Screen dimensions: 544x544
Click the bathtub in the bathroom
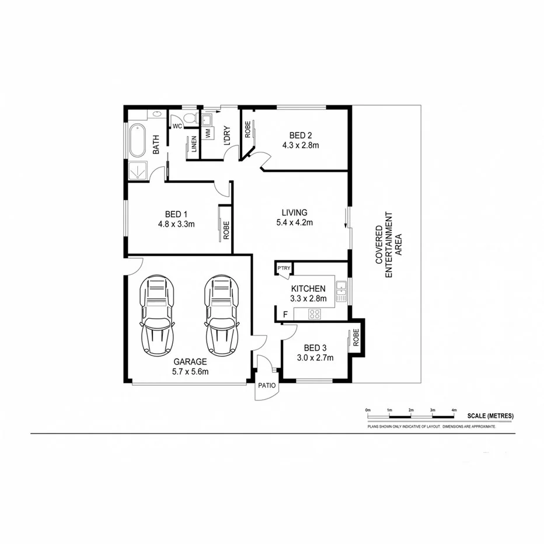point(137,140)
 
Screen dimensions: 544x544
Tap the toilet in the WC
point(189,119)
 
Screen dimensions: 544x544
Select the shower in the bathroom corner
point(138,171)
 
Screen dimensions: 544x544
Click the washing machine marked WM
point(207,134)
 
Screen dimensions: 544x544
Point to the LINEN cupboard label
point(194,147)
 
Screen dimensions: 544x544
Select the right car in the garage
point(222,315)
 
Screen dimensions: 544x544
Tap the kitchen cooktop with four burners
point(316,314)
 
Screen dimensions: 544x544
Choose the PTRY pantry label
point(284,268)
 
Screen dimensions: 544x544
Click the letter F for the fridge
point(285,315)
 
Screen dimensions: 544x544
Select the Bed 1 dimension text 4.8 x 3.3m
point(176,224)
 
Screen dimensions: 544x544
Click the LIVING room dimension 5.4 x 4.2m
point(295,222)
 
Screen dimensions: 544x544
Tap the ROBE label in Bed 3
point(355,339)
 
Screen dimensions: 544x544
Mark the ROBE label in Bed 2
point(248,130)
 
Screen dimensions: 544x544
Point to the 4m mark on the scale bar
point(454,411)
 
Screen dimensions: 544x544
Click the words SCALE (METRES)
point(490,416)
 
